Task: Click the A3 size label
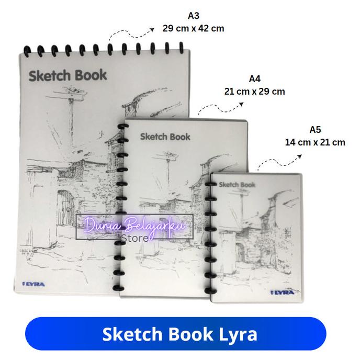[193, 16]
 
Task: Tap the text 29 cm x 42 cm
[193, 28]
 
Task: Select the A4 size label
[254, 79]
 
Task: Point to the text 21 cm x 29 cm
[254, 91]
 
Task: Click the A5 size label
[315, 130]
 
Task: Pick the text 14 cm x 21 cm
[315, 142]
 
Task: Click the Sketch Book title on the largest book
[67, 75]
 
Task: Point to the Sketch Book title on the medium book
[165, 137]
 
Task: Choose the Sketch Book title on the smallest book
[237, 184]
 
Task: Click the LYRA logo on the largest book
[34, 284]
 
